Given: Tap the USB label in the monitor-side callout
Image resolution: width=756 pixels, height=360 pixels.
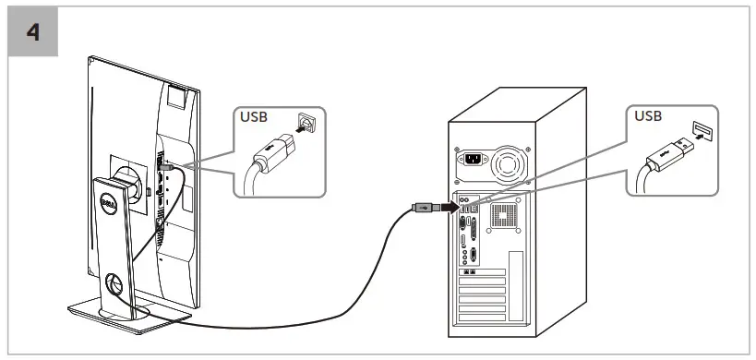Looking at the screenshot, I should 255,117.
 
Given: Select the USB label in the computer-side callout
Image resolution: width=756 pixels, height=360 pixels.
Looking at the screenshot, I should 649,116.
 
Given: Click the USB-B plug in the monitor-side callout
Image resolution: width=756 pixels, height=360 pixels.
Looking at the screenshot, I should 273,151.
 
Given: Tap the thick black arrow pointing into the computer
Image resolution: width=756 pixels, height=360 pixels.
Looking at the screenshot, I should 446,208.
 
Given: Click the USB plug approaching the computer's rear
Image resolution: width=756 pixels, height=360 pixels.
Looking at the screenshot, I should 421,208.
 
